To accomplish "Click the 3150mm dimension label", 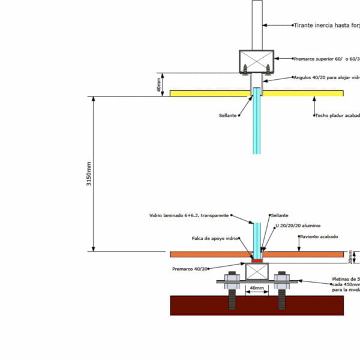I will coord(89,173).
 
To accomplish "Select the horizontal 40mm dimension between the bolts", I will coord(256,289).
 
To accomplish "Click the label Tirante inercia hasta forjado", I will coord(326,25).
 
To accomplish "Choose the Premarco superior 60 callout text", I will coord(326,59).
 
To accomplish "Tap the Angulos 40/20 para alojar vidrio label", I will coord(326,77).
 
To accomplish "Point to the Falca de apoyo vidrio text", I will coord(215,238).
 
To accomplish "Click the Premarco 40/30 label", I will coord(190,269).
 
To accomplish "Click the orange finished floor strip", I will coord(306,254).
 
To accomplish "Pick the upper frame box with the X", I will coord(257,61).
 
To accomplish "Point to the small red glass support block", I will coord(257,260).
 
